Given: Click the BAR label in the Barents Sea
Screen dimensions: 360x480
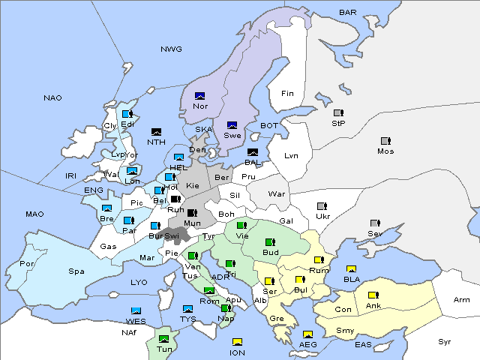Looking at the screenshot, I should [x=347, y=13].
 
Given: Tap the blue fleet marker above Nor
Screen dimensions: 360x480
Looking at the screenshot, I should [x=199, y=96].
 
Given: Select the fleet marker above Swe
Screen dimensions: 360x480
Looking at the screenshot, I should [x=232, y=125].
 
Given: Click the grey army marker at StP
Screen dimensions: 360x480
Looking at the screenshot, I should [x=338, y=113].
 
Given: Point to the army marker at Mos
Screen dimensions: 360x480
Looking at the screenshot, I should [x=385, y=141].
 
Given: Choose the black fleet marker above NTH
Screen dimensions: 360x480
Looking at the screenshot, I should [x=157, y=131].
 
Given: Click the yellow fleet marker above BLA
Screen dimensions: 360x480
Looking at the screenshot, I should [x=351, y=269].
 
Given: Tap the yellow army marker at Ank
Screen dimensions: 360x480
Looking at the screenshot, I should [x=373, y=295].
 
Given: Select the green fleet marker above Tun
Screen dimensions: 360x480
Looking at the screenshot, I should [x=165, y=339].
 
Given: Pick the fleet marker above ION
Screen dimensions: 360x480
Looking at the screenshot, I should [x=237, y=342].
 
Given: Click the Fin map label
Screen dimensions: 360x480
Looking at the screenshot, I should [x=287, y=93].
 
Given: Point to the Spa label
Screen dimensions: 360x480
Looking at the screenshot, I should [x=76, y=271].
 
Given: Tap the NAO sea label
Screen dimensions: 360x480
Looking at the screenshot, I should [x=52, y=97].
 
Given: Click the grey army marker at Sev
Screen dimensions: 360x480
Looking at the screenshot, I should [x=375, y=223].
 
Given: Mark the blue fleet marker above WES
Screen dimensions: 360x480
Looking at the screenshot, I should [x=136, y=310].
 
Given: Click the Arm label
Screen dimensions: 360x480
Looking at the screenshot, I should [x=462, y=300].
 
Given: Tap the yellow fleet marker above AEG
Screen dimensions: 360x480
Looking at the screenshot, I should [x=307, y=334].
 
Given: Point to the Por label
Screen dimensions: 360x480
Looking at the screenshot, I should [x=27, y=264].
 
